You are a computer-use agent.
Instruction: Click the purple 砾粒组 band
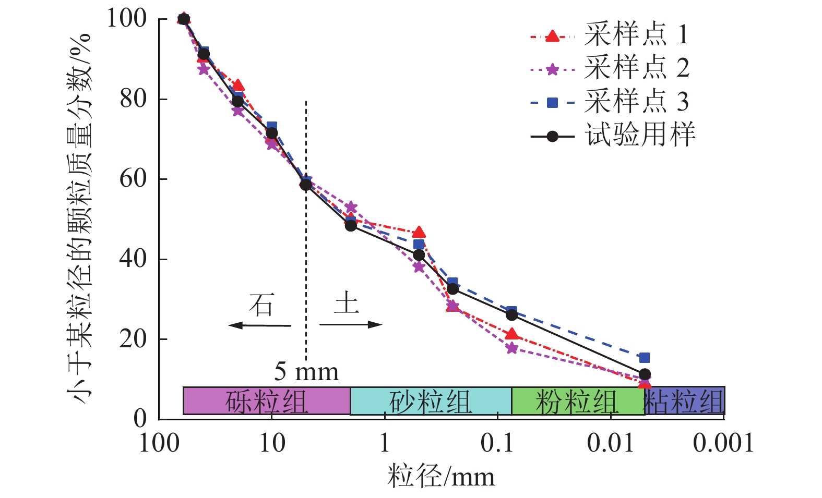[266, 401]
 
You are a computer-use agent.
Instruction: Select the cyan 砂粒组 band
[431, 401]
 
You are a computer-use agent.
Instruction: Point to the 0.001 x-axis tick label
[723, 444]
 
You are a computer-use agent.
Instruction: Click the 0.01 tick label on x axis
[610, 444]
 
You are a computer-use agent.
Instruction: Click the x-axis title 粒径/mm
[441, 477]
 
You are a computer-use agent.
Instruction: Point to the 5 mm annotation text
[307, 372]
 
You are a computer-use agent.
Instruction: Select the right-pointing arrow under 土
[351, 325]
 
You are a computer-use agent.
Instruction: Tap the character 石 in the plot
[261, 305]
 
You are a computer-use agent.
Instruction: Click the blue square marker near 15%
[645, 358]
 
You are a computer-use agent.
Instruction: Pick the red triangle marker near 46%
[419, 233]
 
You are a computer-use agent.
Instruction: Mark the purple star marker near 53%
[351, 208]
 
